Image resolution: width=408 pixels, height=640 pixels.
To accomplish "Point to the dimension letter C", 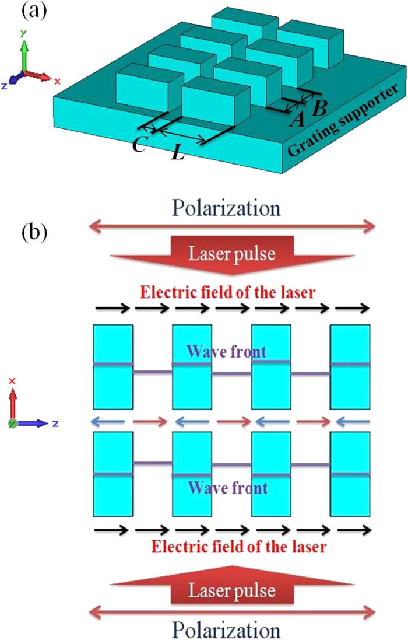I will [x=139, y=144].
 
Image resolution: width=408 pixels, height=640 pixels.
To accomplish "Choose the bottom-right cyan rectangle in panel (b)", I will [x=350, y=474].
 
